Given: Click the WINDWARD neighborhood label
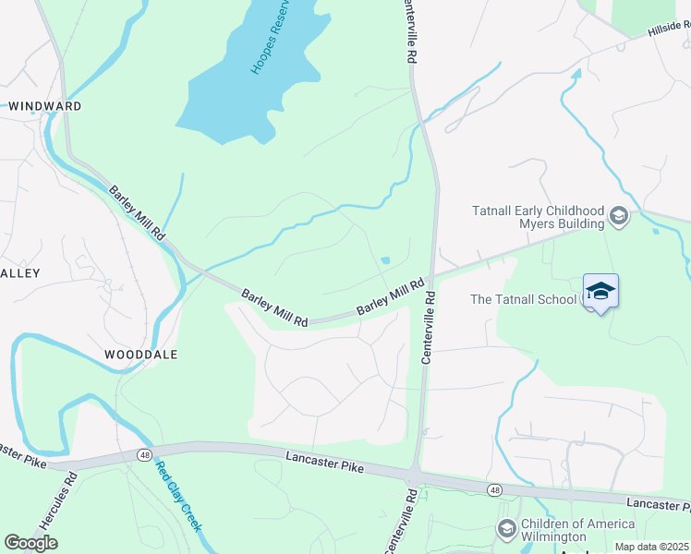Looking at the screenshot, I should tap(45, 106).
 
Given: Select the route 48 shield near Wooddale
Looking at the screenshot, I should tap(145, 454).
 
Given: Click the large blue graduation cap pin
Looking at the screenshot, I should tap(600, 292).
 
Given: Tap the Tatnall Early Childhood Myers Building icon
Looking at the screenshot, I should tap(619, 218).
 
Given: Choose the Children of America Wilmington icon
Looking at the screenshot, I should tap(506, 529).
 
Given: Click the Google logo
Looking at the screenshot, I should tap(30, 542).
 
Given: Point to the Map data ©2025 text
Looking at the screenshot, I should tap(651, 547).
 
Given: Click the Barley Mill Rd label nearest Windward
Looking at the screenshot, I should tap(137, 214).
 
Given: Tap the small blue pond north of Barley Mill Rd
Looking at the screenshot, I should tap(385, 259).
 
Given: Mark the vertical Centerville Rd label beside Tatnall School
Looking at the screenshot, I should tap(428, 330).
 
